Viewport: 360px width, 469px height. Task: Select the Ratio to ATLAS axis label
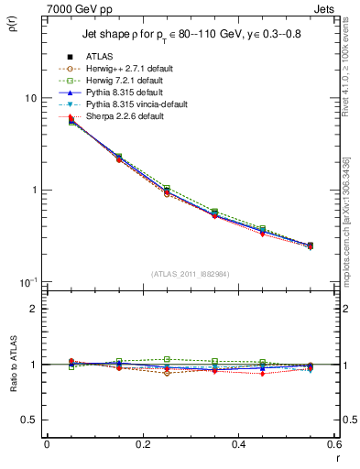point(13,365)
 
